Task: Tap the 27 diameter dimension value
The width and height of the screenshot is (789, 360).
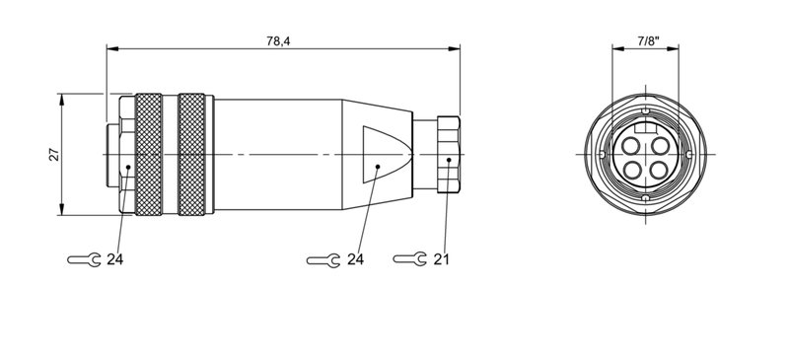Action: coord(55,154)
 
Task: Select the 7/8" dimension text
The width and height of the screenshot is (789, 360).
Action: coord(646,40)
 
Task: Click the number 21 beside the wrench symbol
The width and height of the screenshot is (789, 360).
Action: coord(442,259)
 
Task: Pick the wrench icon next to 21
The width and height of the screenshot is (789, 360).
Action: coord(409,259)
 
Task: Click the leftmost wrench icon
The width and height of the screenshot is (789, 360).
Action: coord(83,260)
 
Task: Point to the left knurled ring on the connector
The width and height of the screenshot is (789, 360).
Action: coord(149,154)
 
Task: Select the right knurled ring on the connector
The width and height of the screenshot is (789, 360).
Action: coord(194,154)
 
